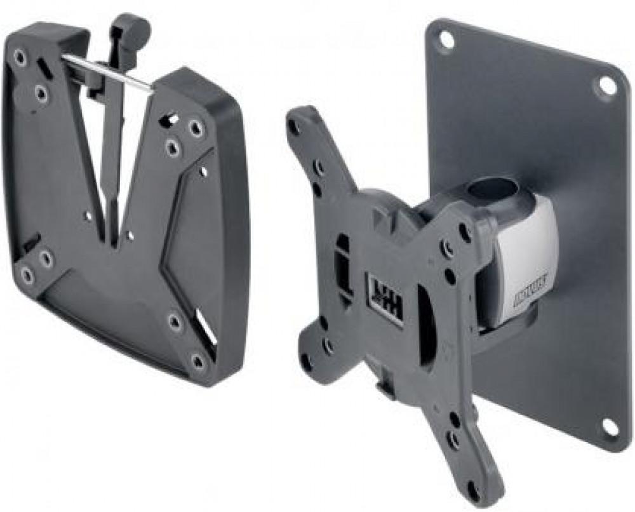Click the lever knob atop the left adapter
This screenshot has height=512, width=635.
tap(131, 29)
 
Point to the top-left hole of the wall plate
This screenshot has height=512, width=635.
tap(446, 39)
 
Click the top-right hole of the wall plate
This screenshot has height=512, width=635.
tap(607, 85)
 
